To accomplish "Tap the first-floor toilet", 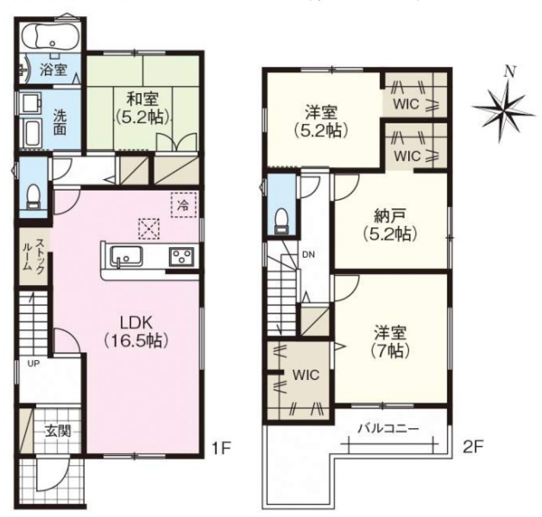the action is (34, 197).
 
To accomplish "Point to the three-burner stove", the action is (181, 257).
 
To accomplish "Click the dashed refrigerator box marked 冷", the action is (184, 205).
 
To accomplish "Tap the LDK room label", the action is (136, 323).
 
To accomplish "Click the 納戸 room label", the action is (390, 217).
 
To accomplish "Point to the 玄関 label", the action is (58, 431).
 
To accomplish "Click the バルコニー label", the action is (388, 429).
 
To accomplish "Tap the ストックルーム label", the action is (34, 256).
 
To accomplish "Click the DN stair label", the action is (308, 255).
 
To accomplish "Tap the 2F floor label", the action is (473, 448).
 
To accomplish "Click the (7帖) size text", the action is (390, 351).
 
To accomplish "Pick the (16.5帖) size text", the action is (136, 341).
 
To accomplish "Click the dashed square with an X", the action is (149, 228).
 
